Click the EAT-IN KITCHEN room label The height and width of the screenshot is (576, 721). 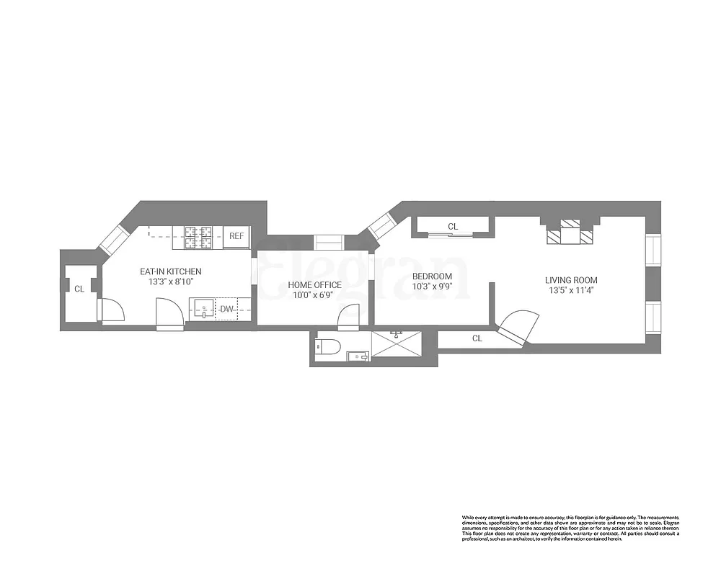[x=170, y=271]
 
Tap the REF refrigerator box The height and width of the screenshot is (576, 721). [x=236, y=235]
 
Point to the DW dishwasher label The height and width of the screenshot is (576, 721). [x=226, y=309]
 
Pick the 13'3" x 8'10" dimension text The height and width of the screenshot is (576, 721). [x=170, y=282]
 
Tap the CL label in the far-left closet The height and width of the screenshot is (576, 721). [x=79, y=289]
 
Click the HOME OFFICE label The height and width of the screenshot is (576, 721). [x=315, y=285]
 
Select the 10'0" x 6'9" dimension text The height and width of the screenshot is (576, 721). [x=315, y=296]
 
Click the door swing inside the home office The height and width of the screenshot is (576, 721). [x=349, y=315]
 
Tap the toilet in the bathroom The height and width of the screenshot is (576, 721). [x=329, y=346]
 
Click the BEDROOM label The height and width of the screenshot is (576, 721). [x=432, y=276]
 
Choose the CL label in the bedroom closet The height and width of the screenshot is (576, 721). [x=453, y=227]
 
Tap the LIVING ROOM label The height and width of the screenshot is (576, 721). [x=571, y=280]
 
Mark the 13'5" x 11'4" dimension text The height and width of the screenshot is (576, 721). [x=571, y=291]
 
